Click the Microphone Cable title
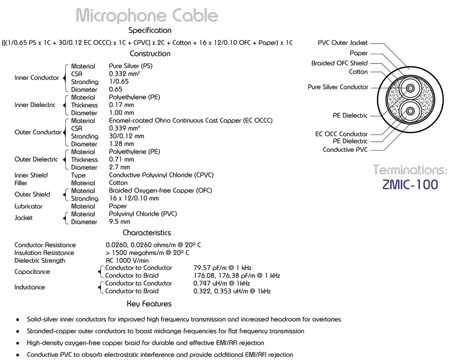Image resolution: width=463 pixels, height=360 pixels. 147,15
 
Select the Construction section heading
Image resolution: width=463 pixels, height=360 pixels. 150,54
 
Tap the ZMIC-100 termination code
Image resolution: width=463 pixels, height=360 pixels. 410,184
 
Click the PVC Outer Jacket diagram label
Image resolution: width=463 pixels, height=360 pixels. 343,43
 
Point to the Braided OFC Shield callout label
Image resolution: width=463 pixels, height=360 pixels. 339,63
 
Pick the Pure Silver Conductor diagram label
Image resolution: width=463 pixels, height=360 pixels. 338,87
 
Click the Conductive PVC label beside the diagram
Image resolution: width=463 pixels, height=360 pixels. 345,150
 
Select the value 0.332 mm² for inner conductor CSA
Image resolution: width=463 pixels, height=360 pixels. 125,74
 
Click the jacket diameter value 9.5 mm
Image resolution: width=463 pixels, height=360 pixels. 119,222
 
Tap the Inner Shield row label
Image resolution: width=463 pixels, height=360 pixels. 31,175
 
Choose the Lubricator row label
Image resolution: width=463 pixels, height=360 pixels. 28,206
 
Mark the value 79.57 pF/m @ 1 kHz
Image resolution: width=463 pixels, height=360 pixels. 222,268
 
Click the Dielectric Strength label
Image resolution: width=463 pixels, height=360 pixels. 40,260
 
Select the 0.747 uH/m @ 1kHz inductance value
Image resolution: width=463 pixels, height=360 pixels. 222,284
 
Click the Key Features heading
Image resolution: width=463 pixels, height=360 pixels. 149,304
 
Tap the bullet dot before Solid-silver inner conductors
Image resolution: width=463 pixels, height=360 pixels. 18,320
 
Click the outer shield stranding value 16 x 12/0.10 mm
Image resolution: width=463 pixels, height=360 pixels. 134,198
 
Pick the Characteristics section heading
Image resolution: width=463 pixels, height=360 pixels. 147,233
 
